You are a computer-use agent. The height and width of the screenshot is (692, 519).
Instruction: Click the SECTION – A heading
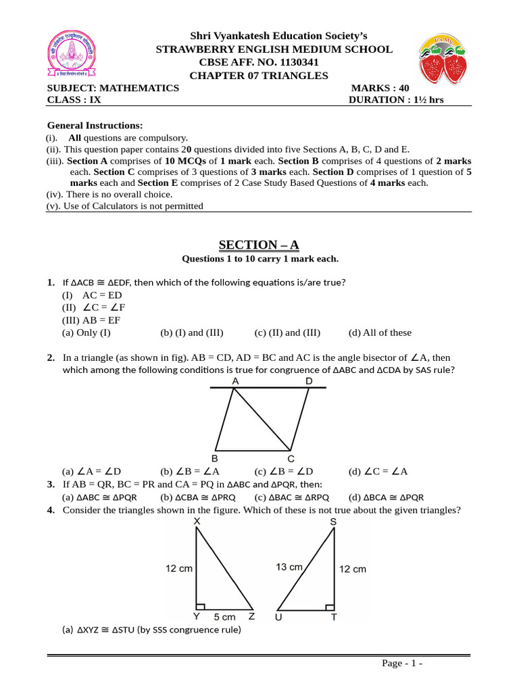(x=260, y=245)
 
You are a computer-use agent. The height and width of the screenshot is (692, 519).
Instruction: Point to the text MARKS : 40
(x=380, y=88)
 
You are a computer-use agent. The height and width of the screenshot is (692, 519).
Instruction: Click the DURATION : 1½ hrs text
(x=396, y=100)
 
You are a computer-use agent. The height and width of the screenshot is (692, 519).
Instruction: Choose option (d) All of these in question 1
(x=380, y=332)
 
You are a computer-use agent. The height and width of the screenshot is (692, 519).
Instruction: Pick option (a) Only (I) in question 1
(x=86, y=332)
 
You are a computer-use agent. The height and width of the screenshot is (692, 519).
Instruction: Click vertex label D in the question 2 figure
(x=309, y=381)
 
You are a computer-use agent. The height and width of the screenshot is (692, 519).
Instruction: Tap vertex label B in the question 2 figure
(x=215, y=458)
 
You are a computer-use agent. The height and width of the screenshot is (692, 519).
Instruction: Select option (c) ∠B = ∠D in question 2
(x=284, y=472)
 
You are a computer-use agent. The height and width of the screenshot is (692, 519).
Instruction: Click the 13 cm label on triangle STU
(x=289, y=567)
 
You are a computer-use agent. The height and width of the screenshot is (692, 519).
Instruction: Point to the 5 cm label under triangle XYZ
(x=224, y=617)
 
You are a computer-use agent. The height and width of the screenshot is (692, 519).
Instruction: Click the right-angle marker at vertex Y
(x=200, y=605)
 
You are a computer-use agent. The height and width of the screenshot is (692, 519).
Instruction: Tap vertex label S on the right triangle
(x=333, y=522)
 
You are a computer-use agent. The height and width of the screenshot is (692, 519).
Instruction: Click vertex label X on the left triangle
(x=197, y=522)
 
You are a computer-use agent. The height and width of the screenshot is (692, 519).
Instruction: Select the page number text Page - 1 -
(x=402, y=664)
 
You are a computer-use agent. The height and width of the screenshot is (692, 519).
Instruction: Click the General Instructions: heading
(x=95, y=126)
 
